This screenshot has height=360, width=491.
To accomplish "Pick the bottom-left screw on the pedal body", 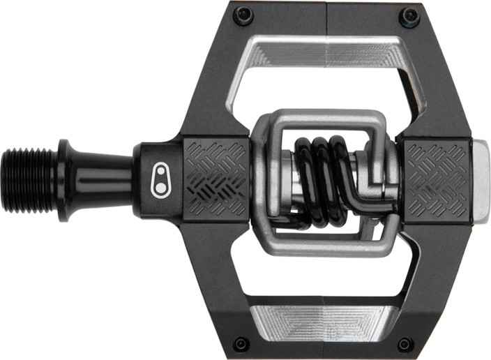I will point(241,343).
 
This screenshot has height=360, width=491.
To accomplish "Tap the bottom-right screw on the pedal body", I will point(405,343).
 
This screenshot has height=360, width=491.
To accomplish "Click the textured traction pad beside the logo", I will point(217,177).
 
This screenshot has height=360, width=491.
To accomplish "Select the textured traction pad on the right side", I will point(438,179).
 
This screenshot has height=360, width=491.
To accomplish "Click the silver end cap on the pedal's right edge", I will point(481,180).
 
